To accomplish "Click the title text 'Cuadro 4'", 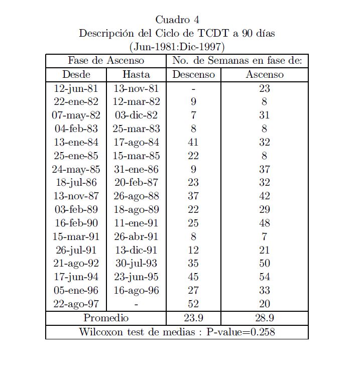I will [177, 20].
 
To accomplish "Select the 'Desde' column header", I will [76, 74].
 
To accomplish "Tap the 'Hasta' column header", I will [136, 74].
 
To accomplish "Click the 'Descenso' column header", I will [193, 74].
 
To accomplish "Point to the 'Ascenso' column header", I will [265, 74].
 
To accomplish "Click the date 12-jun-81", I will [76, 88].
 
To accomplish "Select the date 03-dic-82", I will [136, 115].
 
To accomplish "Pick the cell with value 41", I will [193, 142].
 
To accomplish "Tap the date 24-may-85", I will [76, 169].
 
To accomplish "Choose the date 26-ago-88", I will [136, 196].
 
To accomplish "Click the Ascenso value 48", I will [265, 223].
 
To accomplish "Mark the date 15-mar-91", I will [76, 236].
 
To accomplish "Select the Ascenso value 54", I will [265, 277].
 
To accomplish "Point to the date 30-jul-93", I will [136, 263].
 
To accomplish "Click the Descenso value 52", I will [193, 304].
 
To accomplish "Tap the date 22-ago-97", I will [76, 304].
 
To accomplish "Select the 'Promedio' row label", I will [106, 318].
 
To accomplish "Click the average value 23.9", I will [193, 318].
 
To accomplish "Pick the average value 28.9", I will [265, 318].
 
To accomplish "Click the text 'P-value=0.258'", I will [241, 332].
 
